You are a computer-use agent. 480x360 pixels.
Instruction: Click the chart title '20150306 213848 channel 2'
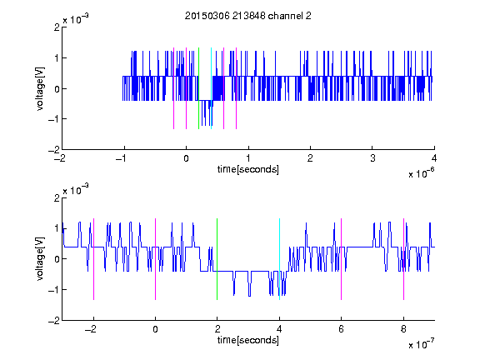tap(248, 16)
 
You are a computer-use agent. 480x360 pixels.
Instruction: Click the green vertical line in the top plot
tap(198, 88)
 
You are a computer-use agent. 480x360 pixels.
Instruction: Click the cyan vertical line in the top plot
tap(211, 88)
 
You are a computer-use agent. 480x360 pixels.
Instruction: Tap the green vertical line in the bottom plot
tap(217, 259)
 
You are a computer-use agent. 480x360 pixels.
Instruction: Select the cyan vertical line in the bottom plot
tap(279, 259)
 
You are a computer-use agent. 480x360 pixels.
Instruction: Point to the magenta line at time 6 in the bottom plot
tap(342, 259)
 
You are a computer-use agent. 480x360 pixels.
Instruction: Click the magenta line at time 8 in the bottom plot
tap(404, 259)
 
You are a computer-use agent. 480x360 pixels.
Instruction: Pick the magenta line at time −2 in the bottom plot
tap(93, 259)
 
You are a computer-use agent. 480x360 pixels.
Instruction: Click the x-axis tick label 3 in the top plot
tap(372, 158)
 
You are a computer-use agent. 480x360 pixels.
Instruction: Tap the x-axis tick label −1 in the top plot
tap(122, 158)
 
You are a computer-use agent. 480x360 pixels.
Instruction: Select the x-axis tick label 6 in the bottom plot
tap(342, 329)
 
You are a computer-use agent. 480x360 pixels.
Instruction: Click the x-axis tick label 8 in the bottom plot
tap(403, 329)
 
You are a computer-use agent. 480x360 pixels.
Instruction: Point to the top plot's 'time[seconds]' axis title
tap(248, 169)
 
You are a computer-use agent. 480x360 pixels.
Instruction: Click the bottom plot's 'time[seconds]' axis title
tap(248, 340)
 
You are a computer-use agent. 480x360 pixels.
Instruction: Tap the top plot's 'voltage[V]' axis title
tap(40, 89)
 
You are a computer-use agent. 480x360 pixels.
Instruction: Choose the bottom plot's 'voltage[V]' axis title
tap(40, 259)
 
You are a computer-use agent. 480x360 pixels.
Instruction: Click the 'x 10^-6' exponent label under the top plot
tap(421, 173)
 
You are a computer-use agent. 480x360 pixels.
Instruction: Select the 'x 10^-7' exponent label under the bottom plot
tap(421, 344)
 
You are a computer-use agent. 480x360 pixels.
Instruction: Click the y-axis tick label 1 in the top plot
tap(57, 57)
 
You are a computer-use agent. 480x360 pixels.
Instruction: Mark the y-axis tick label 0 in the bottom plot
tap(57, 259)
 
